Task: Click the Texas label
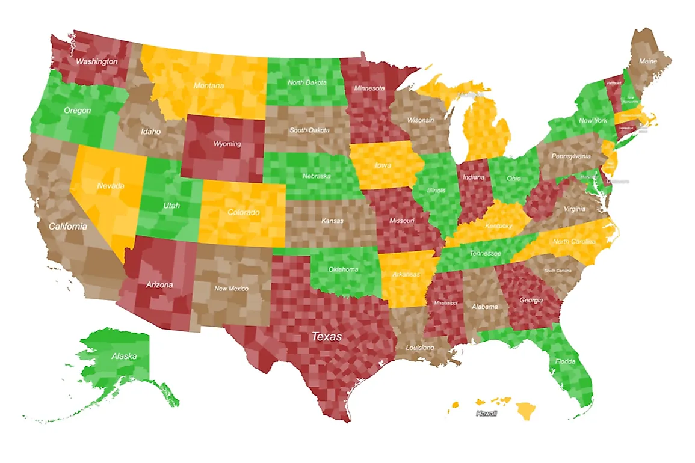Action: [x=326, y=337]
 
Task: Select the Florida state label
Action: [x=566, y=361]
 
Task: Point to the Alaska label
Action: [x=124, y=356]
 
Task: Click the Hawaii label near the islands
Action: [x=486, y=414]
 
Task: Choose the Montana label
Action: [x=208, y=86]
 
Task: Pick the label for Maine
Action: [x=648, y=61]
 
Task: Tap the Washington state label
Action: [x=96, y=61]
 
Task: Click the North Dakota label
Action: [x=307, y=82]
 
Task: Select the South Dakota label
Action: [x=310, y=130]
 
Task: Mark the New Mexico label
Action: [x=232, y=289]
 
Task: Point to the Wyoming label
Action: [x=227, y=144]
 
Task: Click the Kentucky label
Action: [x=499, y=226]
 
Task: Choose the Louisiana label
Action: [x=420, y=348]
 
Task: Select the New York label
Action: [x=593, y=120]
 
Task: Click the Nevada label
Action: [x=110, y=186]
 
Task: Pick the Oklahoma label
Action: [x=343, y=269]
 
